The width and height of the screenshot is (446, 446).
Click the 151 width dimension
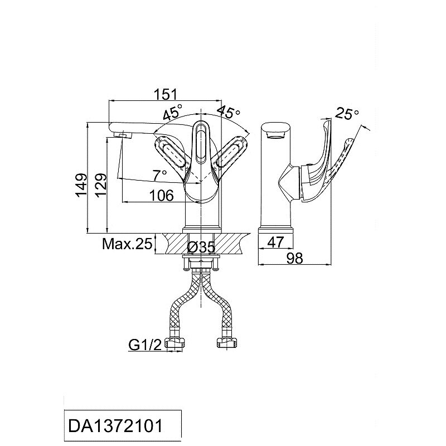tap(165, 94)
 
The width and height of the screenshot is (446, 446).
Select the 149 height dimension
tap(81, 185)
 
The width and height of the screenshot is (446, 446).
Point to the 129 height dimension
tap(101, 185)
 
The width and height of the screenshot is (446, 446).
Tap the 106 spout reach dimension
tap(161, 196)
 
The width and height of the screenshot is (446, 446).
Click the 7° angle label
tap(159, 175)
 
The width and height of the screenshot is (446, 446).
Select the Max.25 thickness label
tap(127, 244)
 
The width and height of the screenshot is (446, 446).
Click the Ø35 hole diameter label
tap(201, 247)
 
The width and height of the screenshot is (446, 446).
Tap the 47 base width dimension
tap(275, 243)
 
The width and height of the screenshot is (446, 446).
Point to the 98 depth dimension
tap(295, 258)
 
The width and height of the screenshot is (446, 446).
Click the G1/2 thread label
tap(145, 345)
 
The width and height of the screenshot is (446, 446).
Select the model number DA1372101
tap(115, 426)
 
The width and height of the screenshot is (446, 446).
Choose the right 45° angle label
tap(229, 112)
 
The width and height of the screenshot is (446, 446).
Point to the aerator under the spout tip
tap(123, 135)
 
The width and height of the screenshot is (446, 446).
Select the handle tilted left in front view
tap(170, 152)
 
